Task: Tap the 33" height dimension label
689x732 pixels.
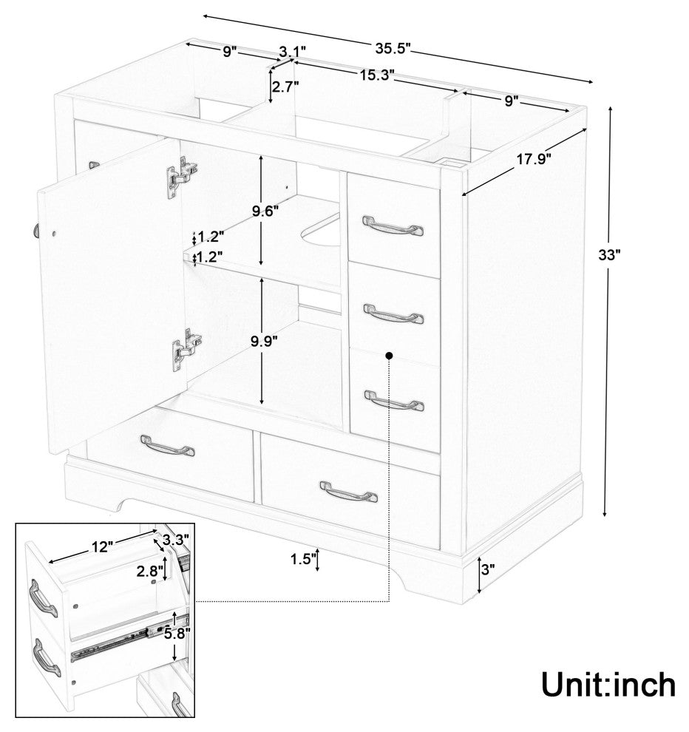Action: click(609, 255)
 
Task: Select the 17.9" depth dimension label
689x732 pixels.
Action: click(534, 159)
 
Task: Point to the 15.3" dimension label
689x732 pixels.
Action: click(377, 75)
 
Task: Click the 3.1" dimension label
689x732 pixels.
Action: click(292, 50)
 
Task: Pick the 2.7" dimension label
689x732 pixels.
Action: click(285, 87)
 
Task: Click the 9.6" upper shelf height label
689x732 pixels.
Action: click(265, 211)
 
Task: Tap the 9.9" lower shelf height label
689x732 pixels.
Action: click(264, 342)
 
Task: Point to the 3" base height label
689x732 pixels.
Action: click(488, 569)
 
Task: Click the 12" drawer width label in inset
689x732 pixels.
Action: click(101, 546)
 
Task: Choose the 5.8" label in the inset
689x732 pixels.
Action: click(177, 634)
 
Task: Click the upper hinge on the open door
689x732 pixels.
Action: click(181, 176)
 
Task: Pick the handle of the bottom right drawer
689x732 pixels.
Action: click(349, 491)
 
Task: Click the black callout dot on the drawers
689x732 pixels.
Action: click(389, 356)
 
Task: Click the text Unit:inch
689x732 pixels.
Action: click(608, 685)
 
